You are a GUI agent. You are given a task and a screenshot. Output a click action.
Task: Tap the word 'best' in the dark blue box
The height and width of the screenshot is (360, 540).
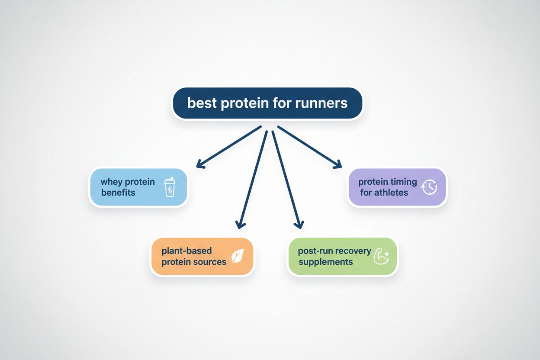[x=202, y=103]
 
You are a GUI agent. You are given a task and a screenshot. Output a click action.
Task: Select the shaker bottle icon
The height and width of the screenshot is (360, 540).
[x=169, y=188]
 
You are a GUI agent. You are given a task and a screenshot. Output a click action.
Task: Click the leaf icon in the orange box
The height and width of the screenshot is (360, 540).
[x=238, y=257]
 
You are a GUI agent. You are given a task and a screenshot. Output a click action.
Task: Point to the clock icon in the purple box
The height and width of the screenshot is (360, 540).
[x=430, y=187]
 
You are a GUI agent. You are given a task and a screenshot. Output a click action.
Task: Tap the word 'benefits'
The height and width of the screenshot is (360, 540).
[x=118, y=193]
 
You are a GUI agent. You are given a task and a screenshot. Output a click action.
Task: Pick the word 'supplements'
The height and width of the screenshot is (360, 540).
[x=325, y=262]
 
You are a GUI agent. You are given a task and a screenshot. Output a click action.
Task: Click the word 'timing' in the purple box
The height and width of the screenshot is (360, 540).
[x=402, y=182]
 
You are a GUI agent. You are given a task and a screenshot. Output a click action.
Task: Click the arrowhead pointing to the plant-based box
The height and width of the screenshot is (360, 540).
[x=240, y=224]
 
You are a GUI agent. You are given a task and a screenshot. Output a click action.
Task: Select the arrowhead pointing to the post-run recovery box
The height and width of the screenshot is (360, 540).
[x=298, y=224]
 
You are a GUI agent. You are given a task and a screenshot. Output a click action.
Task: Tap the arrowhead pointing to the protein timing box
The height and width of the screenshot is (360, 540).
[x=337, y=164]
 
